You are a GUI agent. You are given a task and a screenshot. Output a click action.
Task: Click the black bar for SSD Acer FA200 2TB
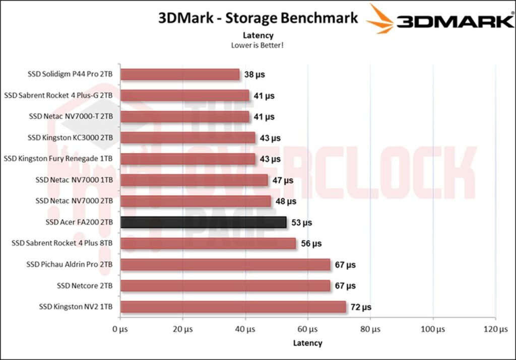[204, 222]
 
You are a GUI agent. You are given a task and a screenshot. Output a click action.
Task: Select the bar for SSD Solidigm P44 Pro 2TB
[180, 75]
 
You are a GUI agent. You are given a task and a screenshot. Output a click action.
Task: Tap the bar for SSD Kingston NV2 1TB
[233, 307]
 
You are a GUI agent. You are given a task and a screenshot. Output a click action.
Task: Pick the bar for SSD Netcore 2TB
[225, 285]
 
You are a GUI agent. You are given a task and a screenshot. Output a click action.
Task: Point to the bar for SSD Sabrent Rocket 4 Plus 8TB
[208, 243]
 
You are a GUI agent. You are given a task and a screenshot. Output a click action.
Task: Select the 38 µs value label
[254, 75]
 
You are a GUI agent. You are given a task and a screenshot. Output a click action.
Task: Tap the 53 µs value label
[301, 222]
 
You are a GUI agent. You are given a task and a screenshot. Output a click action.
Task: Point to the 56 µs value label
[311, 243]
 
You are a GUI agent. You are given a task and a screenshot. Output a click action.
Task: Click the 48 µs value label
[286, 201]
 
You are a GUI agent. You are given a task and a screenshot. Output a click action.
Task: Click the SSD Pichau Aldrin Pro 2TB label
[70, 264]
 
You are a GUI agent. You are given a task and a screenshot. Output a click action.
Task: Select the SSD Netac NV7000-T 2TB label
[71, 116]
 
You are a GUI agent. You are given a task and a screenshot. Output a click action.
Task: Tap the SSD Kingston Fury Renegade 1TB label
[58, 159]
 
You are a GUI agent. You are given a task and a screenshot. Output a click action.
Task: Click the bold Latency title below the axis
[307, 343]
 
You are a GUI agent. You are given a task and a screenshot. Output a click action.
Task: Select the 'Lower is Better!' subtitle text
[257, 45]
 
